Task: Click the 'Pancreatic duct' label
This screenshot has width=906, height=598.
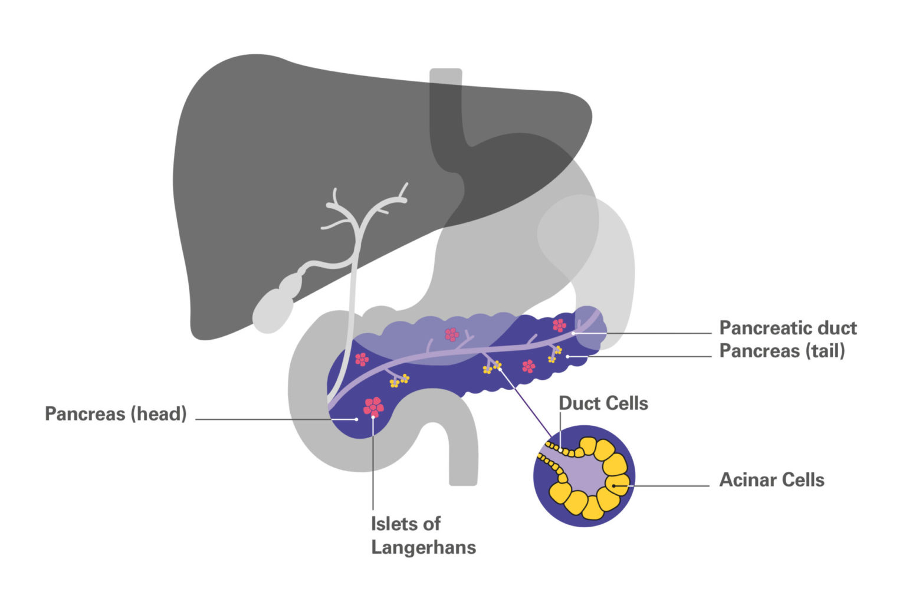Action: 787,328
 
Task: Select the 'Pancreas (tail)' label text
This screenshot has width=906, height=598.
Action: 782,351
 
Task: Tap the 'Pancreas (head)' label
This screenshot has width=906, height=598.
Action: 116,413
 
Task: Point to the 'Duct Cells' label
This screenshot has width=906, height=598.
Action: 603,403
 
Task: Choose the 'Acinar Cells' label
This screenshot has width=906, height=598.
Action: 772,479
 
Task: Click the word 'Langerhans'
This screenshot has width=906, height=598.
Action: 423,547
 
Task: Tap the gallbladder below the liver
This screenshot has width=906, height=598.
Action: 273,308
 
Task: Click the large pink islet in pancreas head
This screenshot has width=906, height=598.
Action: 373,406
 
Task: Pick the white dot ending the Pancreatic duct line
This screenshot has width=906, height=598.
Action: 573,333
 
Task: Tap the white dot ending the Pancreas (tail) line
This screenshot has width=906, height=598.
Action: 568,356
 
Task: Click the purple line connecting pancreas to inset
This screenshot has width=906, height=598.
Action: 525,402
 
